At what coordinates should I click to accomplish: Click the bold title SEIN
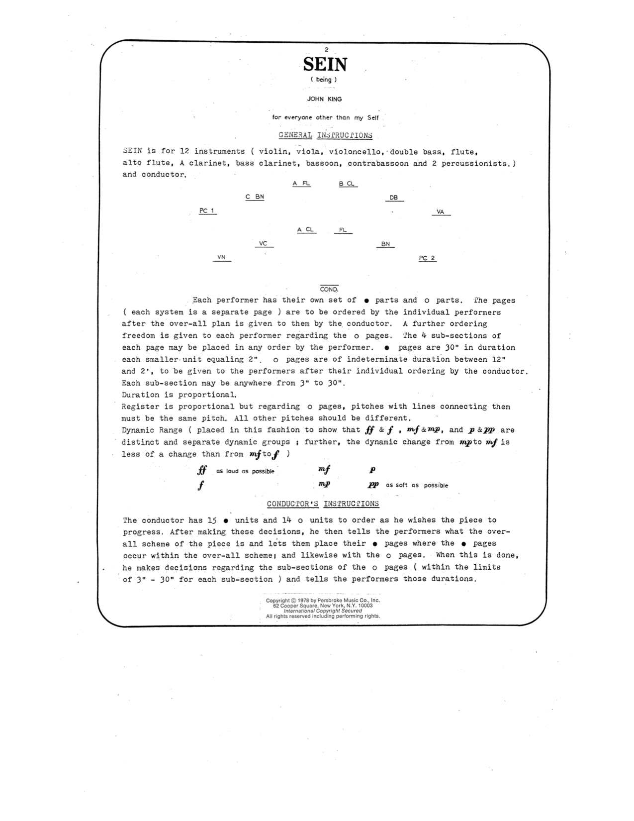click(325, 65)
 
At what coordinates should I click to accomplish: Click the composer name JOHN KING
click(324, 99)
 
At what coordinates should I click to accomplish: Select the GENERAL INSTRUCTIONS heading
click(325, 135)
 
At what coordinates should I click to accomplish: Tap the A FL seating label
click(301, 184)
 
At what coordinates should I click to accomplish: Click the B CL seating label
click(347, 184)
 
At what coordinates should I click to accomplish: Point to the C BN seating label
click(255, 197)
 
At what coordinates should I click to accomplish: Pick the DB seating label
click(394, 198)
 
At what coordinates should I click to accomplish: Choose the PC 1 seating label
click(207, 211)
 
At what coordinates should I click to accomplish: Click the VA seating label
click(440, 212)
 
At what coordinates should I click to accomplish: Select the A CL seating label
click(305, 230)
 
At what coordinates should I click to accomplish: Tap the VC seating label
click(264, 244)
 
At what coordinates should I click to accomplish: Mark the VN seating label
click(221, 257)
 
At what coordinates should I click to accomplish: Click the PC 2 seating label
click(427, 258)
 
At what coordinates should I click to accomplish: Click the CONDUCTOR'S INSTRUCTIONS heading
click(323, 504)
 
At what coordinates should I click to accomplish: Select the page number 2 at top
click(326, 50)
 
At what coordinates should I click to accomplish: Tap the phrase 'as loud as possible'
click(245, 471)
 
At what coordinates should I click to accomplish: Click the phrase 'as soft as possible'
click(417, 485)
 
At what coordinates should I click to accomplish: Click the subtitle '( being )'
click(324, 80)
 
